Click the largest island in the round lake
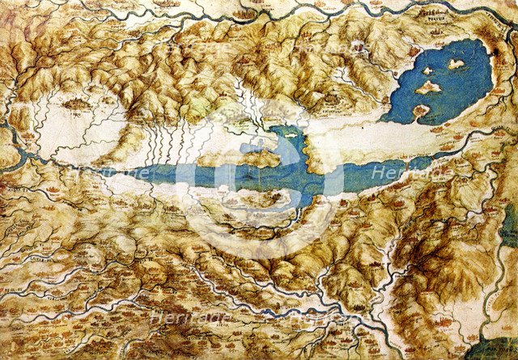click(x=429, y=86)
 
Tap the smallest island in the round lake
click(x=427, y=71)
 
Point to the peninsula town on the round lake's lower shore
click(x=421, y=111)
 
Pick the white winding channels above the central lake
click(x=251, y=105)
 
